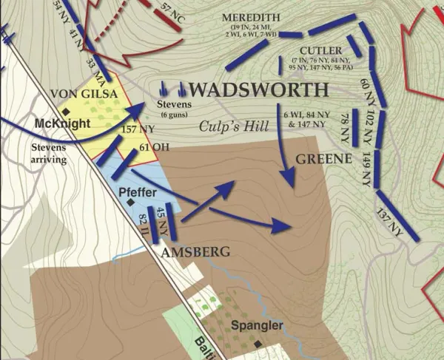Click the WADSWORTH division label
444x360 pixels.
pyautogui.click(x=259, y=90)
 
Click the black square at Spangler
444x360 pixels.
pyautogui.click(x=257, y=344)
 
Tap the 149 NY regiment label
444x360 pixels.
pyautogui.click(x=367, y=166)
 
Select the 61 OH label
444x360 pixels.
pyautogui.click(x=155, y=147)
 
